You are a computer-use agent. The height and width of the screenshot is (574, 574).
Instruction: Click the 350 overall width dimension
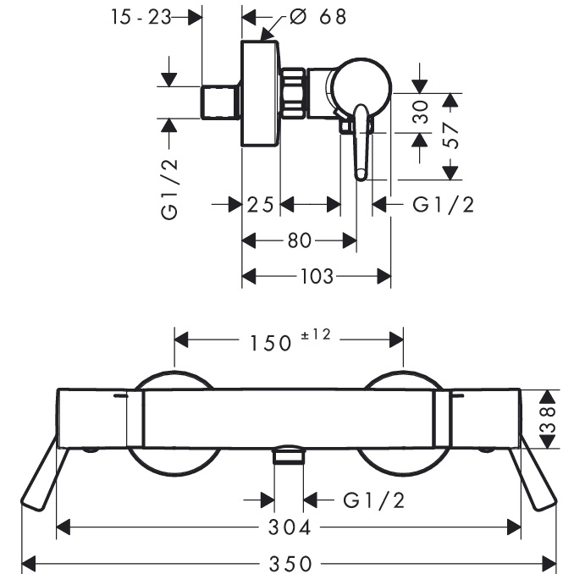(290, 561)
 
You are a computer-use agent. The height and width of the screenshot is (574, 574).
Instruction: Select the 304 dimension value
(290, 527)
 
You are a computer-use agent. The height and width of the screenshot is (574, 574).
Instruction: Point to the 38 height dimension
(551, 417)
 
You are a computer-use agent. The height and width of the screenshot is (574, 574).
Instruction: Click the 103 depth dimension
(315, 275)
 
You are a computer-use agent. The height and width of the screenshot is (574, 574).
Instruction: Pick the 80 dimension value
(299, 240)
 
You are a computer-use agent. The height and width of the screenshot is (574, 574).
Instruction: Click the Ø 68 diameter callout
(318, 17)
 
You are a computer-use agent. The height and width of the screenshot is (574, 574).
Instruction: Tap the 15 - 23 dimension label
(141, 16)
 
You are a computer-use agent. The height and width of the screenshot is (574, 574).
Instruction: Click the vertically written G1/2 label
(171, 188)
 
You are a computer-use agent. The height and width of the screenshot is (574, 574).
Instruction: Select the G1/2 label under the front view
(373, 499)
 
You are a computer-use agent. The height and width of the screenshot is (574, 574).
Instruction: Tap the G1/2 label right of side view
(443, 204)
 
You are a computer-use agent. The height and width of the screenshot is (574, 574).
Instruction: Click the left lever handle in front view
(44, 474)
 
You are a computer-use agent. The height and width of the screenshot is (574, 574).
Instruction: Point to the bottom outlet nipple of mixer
(289, 457)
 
